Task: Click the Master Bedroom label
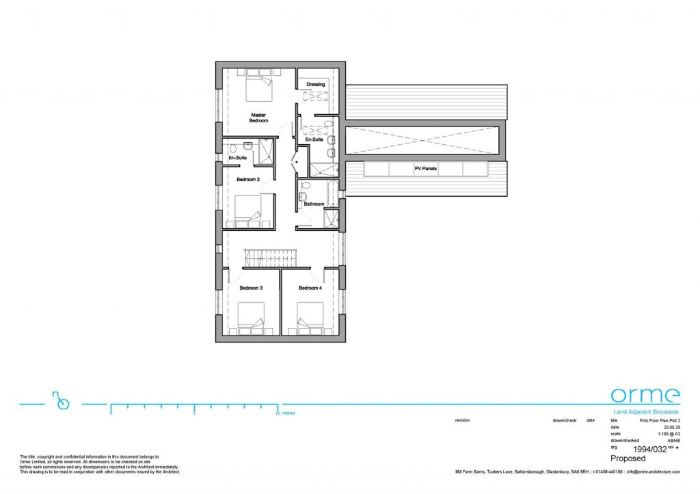pos(258,118)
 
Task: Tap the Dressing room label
pos(315,85)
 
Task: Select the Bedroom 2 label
pos(248,180)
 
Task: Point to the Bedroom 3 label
pos(251,288)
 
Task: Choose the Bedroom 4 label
pos(310,288)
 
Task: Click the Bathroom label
pos(314,204)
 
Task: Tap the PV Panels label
pos(425,168)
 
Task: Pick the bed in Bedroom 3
pos(250,318)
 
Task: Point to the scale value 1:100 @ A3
pos(668,434)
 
